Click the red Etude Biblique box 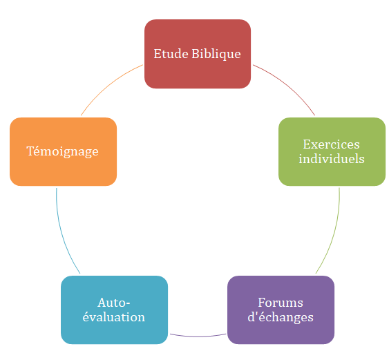point(198,54)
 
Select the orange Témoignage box point(64,151)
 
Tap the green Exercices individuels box point(332,151)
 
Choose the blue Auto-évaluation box point(115,310)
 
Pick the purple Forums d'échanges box point(281,310)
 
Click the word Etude point(171,54)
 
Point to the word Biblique point(216,55)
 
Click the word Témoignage point(62,151)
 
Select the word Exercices point(331,144)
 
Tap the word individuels point(332,159)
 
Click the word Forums point(281,303)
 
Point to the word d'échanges point(281,317)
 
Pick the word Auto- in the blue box point(114,303)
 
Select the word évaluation point(114,317)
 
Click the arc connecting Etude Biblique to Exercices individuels point(287,86)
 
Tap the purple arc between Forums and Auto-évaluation point(198,337)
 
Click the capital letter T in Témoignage point(30,151)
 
